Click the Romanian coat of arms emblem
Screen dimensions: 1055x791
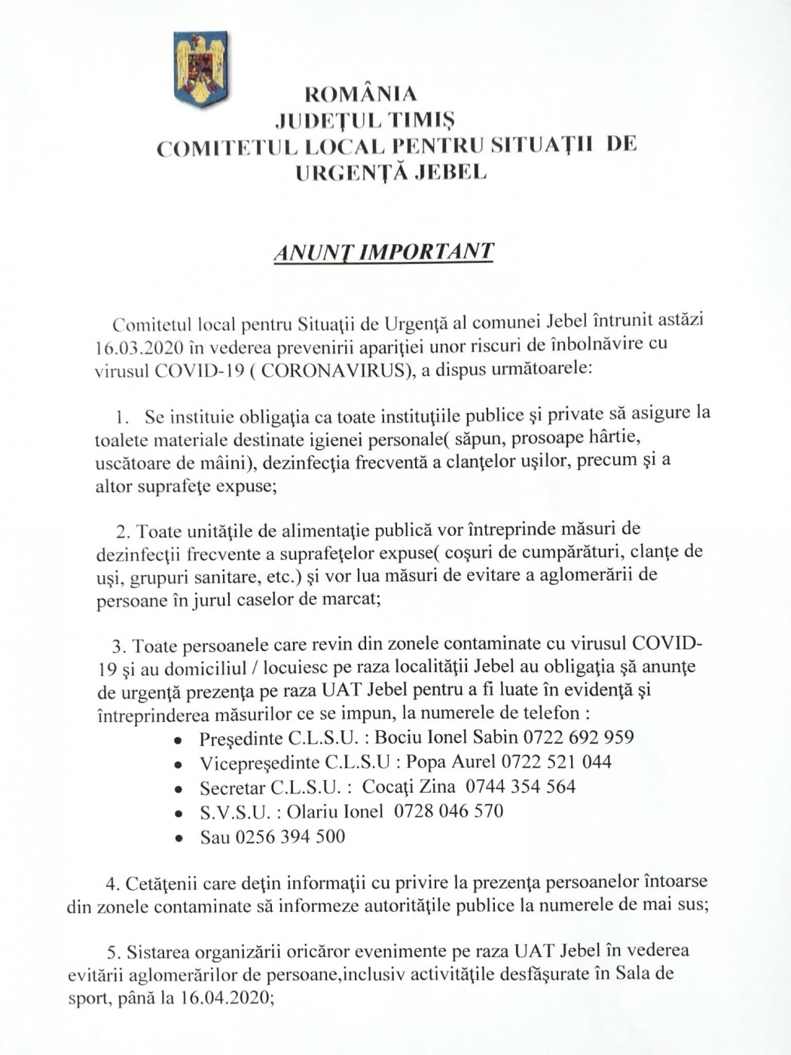(200, 69)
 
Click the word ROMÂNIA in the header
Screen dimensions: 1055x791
(360, 94)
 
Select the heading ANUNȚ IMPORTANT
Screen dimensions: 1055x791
(383, 252)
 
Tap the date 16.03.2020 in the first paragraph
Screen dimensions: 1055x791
(139, 347)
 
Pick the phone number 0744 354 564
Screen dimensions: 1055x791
(521, 787)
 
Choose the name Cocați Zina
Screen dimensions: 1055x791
(408, 787)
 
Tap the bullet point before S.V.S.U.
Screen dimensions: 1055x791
(178, 814)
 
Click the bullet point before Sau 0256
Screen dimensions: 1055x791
(178, 839)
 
